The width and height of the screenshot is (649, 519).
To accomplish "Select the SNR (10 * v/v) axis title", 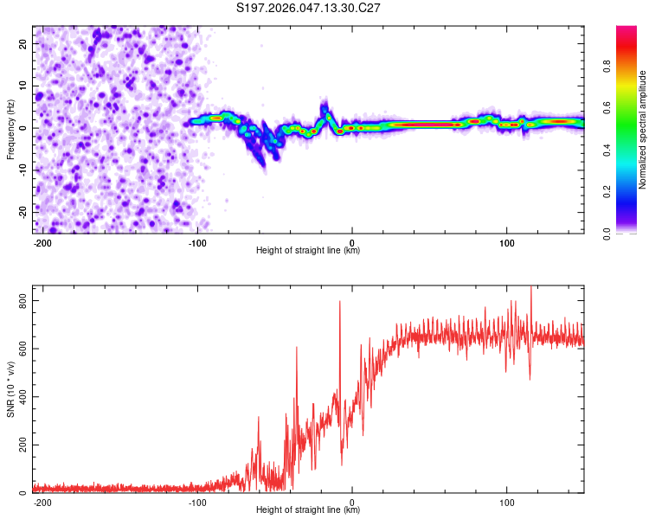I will tap(11, 394).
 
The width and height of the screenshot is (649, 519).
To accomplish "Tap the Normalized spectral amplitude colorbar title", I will tap(643, 130).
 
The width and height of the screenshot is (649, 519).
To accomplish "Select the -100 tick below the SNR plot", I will tap(196, 502).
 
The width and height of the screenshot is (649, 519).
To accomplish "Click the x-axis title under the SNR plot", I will tap(308, 510).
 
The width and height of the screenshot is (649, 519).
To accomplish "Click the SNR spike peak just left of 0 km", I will tap(339, 302).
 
